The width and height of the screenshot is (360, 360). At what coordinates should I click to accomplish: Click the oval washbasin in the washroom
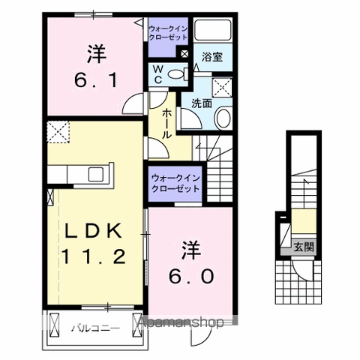click(x=223, y=118)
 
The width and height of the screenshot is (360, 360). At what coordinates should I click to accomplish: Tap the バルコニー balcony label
click(x=92, y=328)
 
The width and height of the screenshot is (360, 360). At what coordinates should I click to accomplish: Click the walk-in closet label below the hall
click(x=175, y=184)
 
